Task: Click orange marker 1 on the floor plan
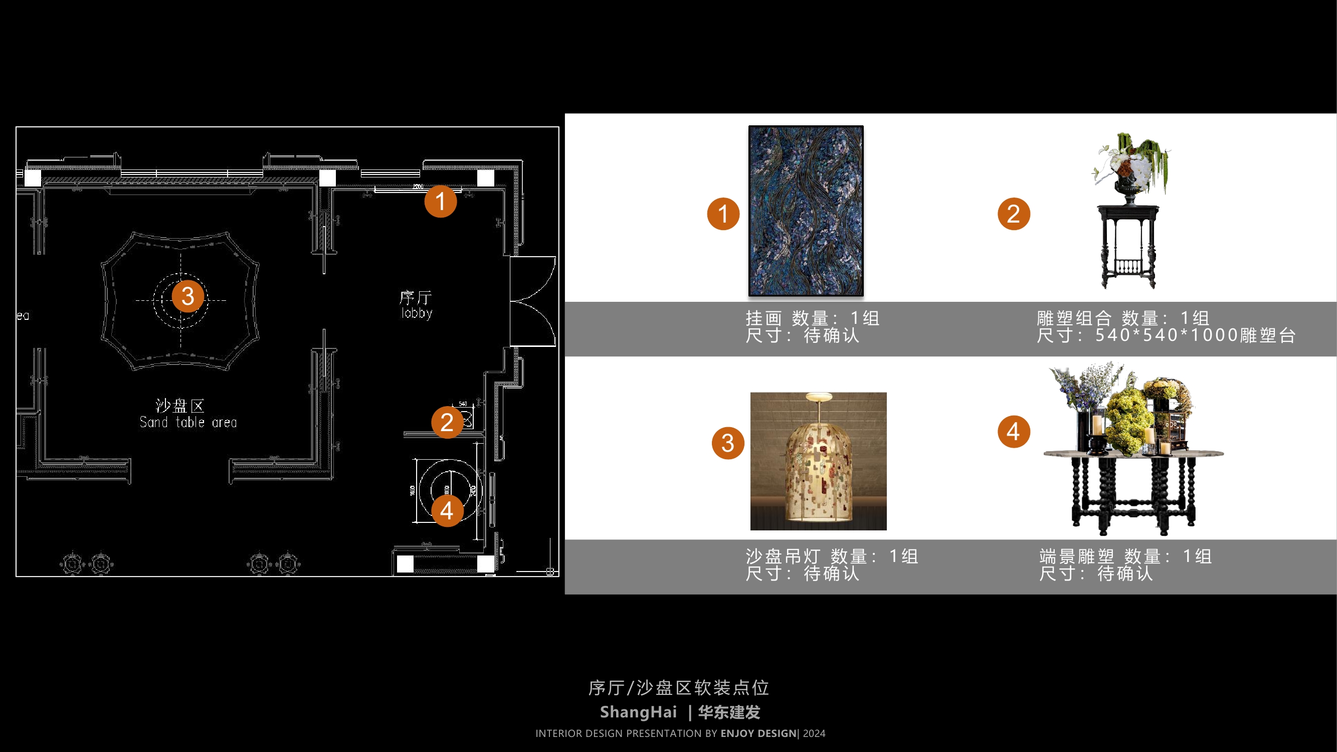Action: pos(440,202)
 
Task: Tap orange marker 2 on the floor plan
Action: pos(447,422)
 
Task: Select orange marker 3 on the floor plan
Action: pos(187,296)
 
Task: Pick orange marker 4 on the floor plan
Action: pos(447,511)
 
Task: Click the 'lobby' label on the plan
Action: pos(416,313)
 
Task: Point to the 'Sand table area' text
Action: pos(188,423)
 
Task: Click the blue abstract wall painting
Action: pos(806,211)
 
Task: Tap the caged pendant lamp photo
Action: pos(818,461)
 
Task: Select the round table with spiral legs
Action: pos(1133,488)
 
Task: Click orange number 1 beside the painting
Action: pos(723,214)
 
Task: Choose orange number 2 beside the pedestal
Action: pos(1013,214)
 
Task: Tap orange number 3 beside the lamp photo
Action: pos(728,443)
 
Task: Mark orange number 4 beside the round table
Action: pos(1013,431)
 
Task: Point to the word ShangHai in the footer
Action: pos(638,712)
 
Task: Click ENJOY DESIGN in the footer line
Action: pos(758,733)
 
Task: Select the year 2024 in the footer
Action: pos(814,733)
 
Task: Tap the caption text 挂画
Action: pos(763,318)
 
